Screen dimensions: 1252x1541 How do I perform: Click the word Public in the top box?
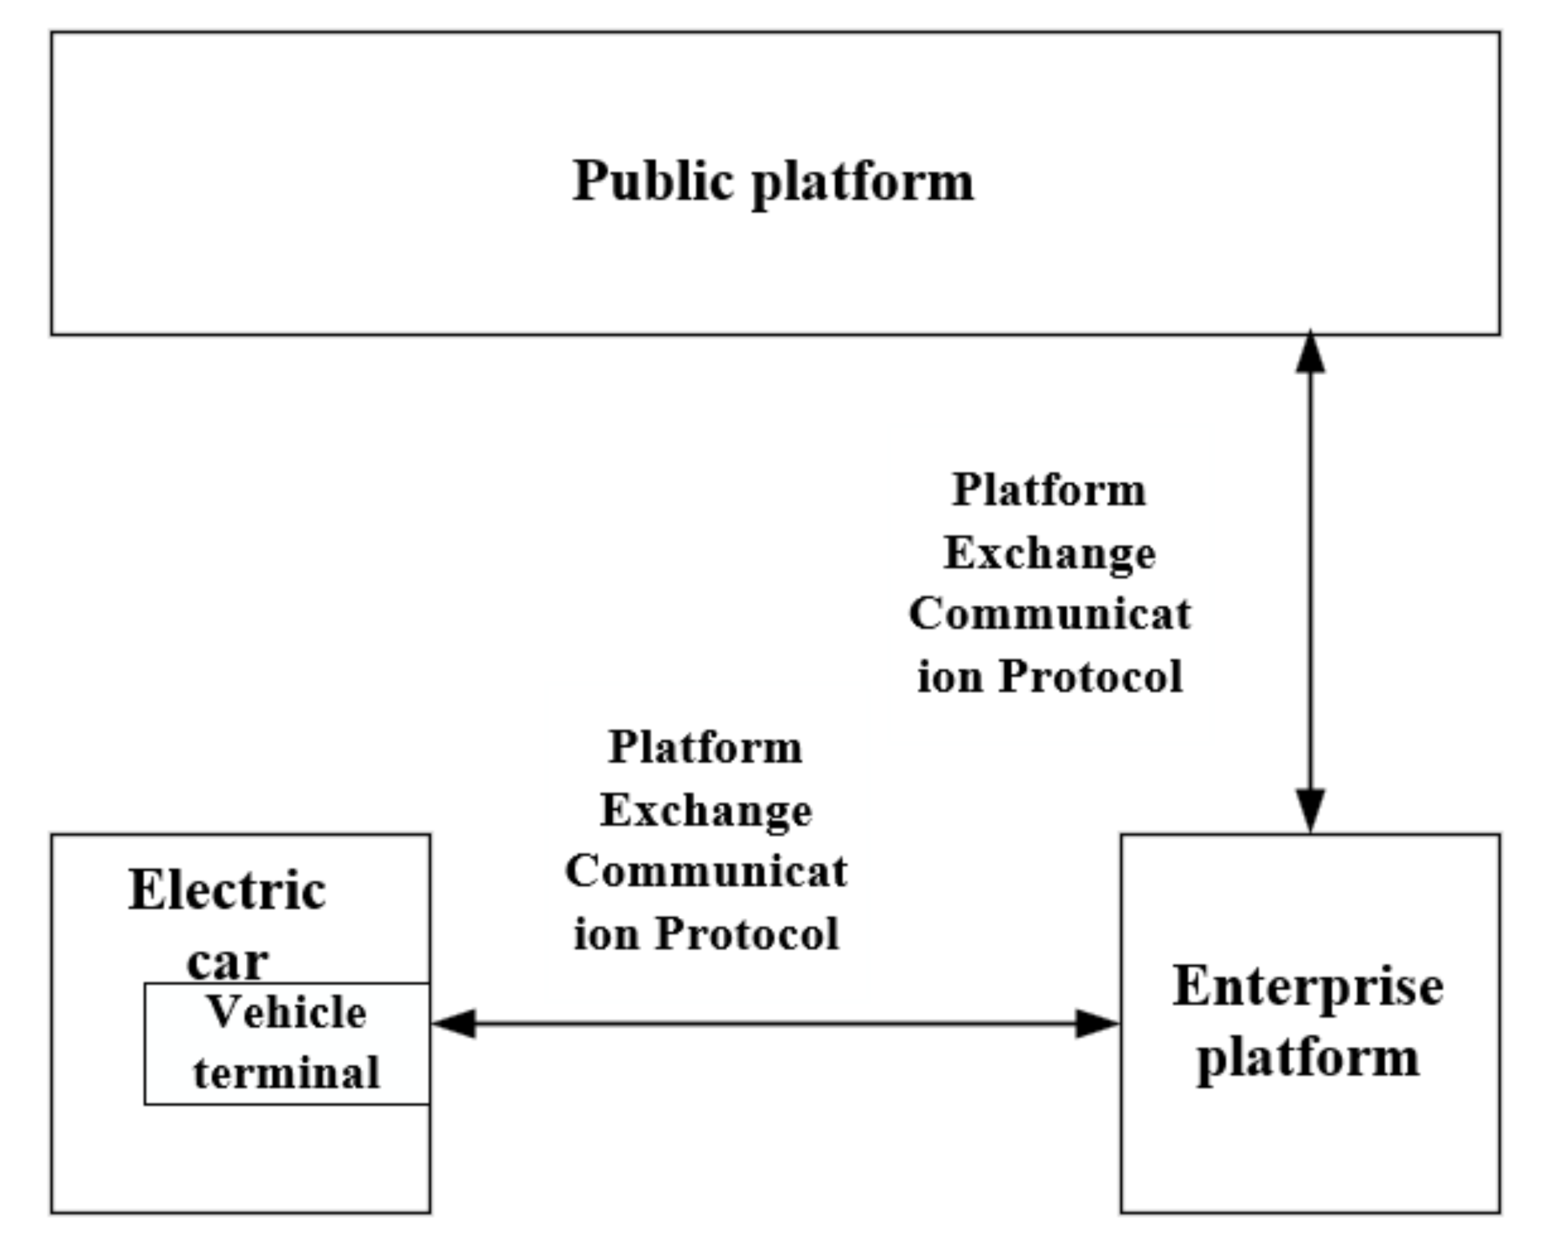click(x=652, y=180)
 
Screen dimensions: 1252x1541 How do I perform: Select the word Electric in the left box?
click(x=227, y=891)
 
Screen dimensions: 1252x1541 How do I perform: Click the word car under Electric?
click(x=227, y=961)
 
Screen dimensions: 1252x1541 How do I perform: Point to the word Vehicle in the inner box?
click(x=287, y=1012)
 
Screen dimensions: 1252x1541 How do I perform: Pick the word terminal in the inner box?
click(x=287, y=1073)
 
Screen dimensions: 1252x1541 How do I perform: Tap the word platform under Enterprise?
click(x=1307, y=1059)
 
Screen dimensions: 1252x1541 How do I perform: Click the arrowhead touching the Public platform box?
click(x=1310, y=353)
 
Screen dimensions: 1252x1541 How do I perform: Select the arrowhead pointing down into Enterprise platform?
click(x=1310, y=810)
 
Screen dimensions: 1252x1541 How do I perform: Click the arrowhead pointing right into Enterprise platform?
click(x=1096, y=1023)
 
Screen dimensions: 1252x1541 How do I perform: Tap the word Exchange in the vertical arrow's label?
click(x=1049, y=554)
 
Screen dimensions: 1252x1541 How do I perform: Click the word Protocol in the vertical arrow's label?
click(x=1090, y=677)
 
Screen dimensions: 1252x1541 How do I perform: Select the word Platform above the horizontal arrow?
click(x=705, y=747)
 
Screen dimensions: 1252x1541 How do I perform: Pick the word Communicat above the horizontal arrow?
click(x=706, y=872)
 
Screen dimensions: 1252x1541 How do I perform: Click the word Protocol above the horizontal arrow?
click(x=746, y=934)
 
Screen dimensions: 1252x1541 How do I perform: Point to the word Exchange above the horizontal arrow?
click(x=706, y=810)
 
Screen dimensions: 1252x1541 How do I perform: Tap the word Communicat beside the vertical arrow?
click(x=1049, y=614)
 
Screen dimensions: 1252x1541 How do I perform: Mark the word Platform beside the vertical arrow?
click(x=1049, y=490)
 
